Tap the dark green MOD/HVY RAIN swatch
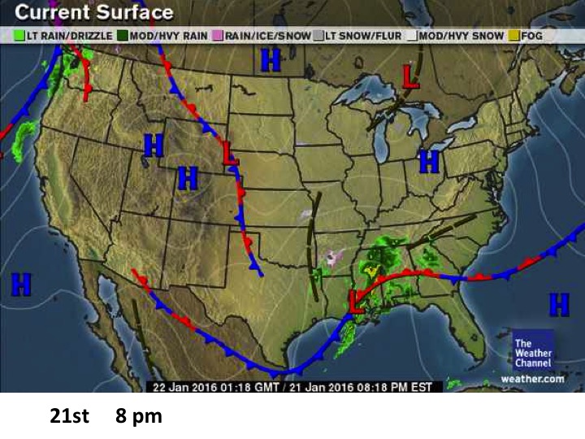(x=122, y=36)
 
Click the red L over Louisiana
(x=355, y=301)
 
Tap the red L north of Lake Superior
(x=411, y=76)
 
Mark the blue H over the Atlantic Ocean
(x=559, y=305)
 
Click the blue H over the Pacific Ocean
(x=21, y=285)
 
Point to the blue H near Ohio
(x=428, y=161)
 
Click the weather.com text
(x=532, y=378)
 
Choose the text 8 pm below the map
(x=138, y=417)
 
